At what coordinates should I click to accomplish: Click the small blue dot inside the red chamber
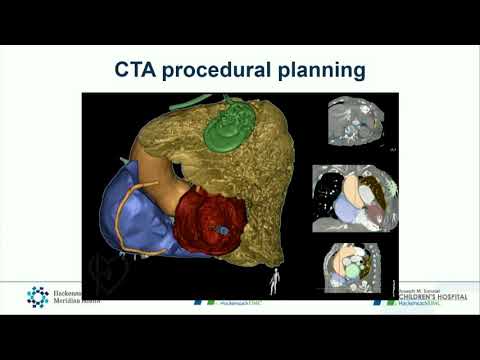tap(226, 230)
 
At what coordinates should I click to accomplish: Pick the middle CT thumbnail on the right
tap(355, 196)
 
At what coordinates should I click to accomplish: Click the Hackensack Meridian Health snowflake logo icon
tap(37, 296)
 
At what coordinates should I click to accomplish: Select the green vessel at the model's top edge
tap(190, 101)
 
